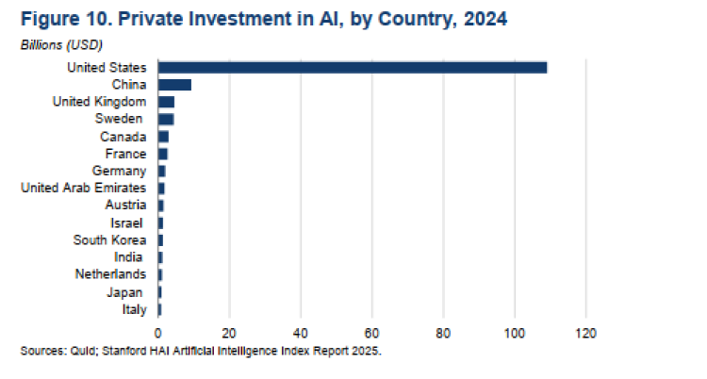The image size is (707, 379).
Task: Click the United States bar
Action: pyautogui.click(x=353, y=67)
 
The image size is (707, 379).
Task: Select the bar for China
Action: pyautogui.click(x=174, y=85)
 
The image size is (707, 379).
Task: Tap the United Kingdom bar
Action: pyautogui.click(x=166, y=102)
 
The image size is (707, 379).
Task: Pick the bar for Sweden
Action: pyautogui.click(x=166, y=119)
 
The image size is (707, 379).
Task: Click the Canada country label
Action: pyautogui.click(x=123, y=137)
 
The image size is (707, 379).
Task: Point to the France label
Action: pyautogui.click(x=125, y=154)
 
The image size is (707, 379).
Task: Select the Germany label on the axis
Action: pyautogui.click(x=119, y=171)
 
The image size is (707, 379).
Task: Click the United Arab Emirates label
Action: pyautogui.click(x=84, y=188)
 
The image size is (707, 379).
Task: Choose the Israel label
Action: pyautogui.click(x=127, y=222)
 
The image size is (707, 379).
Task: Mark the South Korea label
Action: pyautogui.click(x=109, y=239)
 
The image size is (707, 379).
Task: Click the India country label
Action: pyautogui.click(x=129, y=256)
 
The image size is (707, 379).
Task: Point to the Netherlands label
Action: pyautogui.click(x=111, y=273)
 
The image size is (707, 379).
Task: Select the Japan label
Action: pyautogui.click(x=127, y=291)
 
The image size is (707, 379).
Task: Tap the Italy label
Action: pyautogui.click(x=133, y=308)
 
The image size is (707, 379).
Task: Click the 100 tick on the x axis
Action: pyautogui.click(x=515, y=333)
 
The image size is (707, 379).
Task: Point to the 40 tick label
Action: pyautogui.click(x=301, y=333)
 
